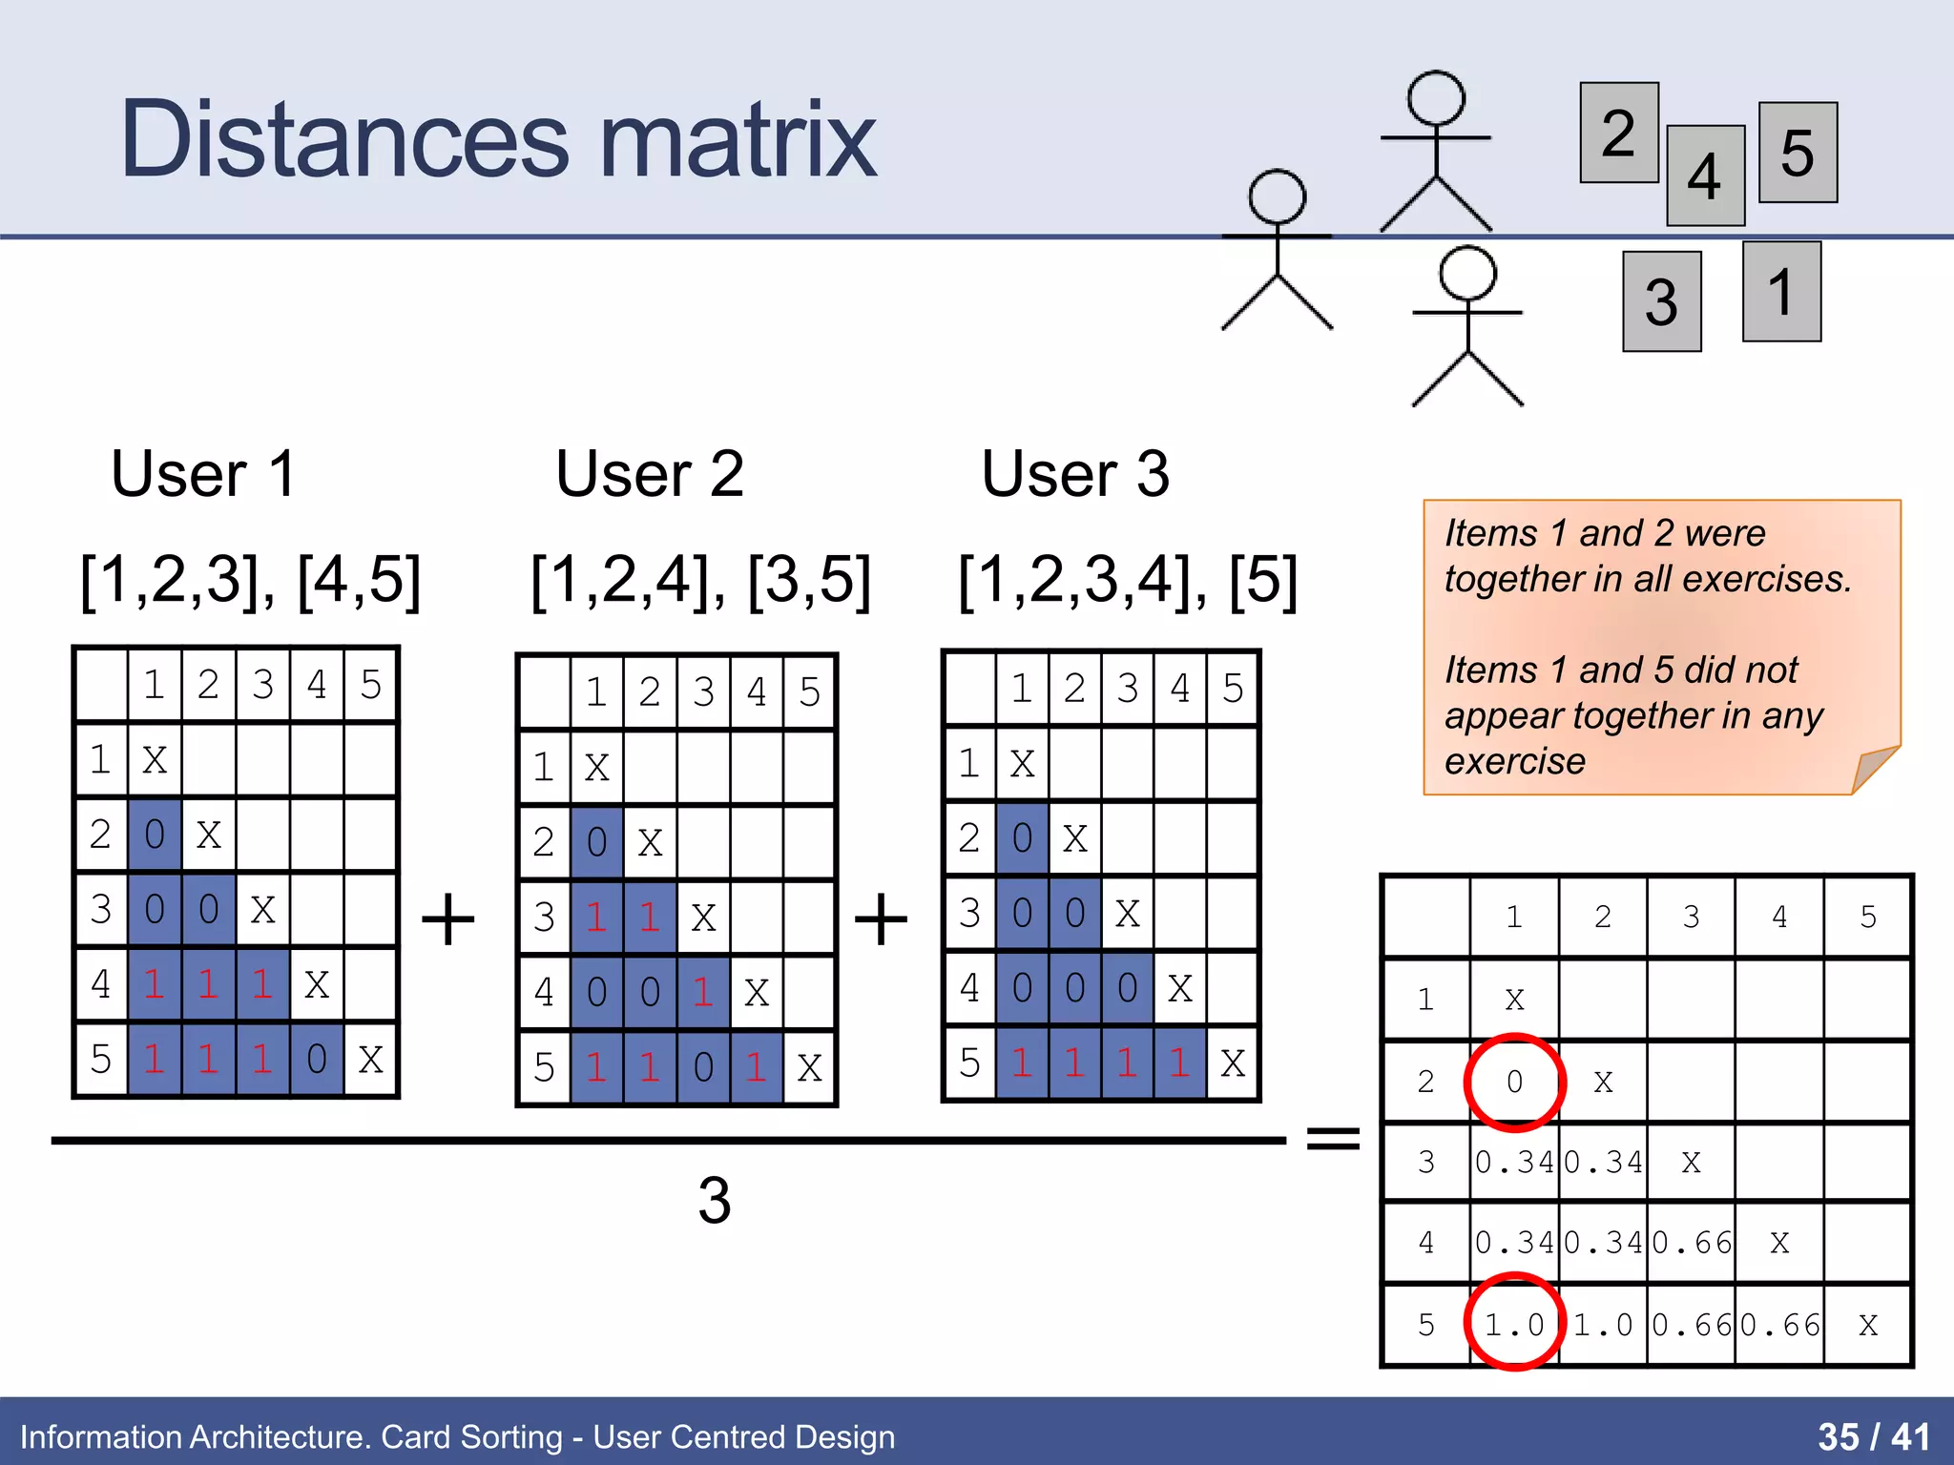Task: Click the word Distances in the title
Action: click(x=344, y=141)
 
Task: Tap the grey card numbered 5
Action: click(x=1798, y=153)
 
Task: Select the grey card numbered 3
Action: click(x=1661, y=301)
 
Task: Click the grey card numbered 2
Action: click(x=1618, y=133)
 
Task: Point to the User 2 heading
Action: click(x=649, y=474)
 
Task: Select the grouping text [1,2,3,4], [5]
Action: click(x=1127, y=580)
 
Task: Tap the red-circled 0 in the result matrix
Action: click(x=1514, y=1082)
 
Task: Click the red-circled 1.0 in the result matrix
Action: click(x=1514, y=1324)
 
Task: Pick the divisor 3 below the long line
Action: click(x=714, y=1201)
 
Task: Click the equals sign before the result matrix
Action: click(x=1333, y=1137)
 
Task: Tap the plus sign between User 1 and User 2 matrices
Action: click(x=447, y=919)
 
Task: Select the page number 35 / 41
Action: click(x=1873, y=1436)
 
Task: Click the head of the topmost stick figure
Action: click(x=1436, y=98)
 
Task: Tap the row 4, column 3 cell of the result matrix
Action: click(x=1692, y=1243)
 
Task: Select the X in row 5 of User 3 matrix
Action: click(x=1233, y=1063)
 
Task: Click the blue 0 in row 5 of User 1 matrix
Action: click(x=317, y=1059)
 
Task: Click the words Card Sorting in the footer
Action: click(x=471, y=1436)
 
